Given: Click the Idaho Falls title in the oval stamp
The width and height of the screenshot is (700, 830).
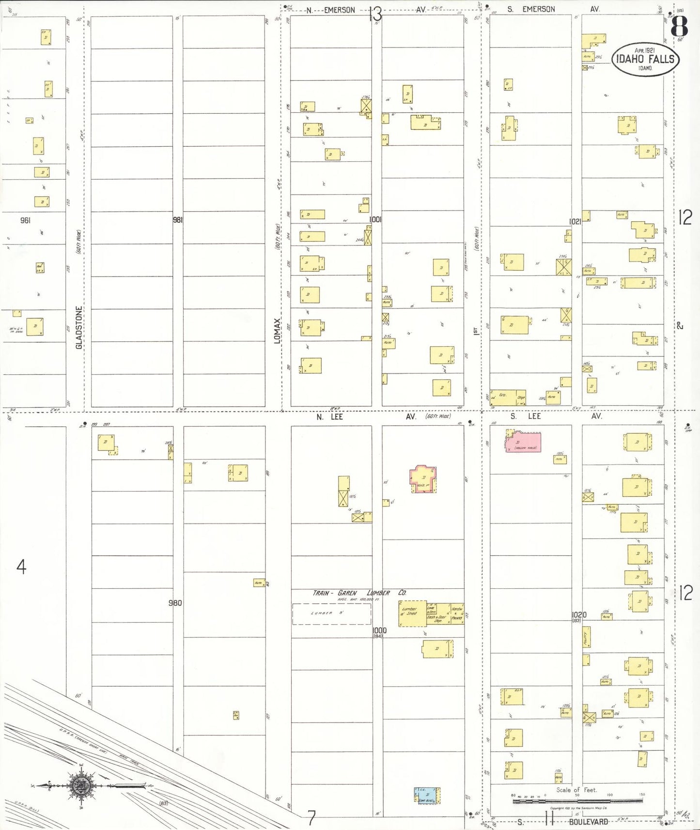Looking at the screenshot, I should [x=645, y=60].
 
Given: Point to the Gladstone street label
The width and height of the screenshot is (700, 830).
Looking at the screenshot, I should [x=79, y=327].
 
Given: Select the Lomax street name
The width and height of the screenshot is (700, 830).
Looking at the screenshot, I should [x=277, y=331].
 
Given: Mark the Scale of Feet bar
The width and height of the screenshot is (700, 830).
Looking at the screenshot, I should [x=577, y=801].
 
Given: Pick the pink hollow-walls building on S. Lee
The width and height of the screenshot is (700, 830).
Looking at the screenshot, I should [x=524, y=442].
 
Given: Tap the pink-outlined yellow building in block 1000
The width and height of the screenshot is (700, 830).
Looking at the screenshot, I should [x=423, y=479].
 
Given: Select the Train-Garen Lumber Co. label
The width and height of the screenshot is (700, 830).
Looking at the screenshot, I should [x=359, y=593].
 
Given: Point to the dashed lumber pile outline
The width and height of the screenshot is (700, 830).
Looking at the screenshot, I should [x=331, y=614].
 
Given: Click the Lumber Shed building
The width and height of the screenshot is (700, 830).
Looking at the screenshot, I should [x=412, y=614].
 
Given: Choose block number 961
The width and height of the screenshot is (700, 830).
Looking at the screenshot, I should [x=25, y=220].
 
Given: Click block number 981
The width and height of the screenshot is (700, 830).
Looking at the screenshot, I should [x=178, y=220].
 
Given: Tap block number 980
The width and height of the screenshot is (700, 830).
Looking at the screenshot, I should [x=175, y=603].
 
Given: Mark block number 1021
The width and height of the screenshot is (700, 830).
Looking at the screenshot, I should [x=575, y=221].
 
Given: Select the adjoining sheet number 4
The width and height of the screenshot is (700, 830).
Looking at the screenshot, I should [x=21, y=566].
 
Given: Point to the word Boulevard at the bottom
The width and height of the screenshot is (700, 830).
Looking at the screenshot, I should [x=588, y=822].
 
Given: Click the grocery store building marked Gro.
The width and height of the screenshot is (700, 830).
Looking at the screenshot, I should [x=508, y=398].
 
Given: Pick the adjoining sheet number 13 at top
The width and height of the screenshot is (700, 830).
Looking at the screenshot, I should [x=375, y=15].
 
